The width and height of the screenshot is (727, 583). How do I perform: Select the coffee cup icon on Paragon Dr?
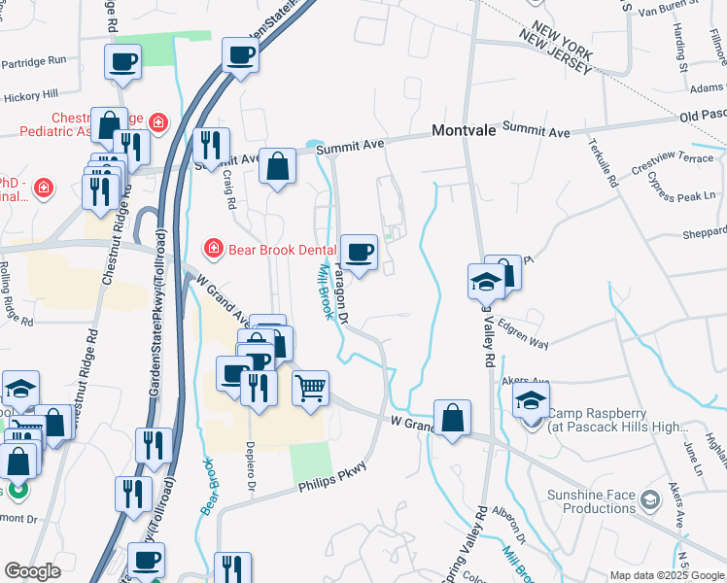click(x=360, y=253)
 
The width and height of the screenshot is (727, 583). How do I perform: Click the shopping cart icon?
click(x=311, y=389)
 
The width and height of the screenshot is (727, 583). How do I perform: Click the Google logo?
click(x=33, y=571)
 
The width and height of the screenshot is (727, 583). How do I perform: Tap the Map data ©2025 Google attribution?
click(x=667, y=575)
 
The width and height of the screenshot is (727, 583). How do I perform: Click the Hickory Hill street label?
click(x=31, y=95)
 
